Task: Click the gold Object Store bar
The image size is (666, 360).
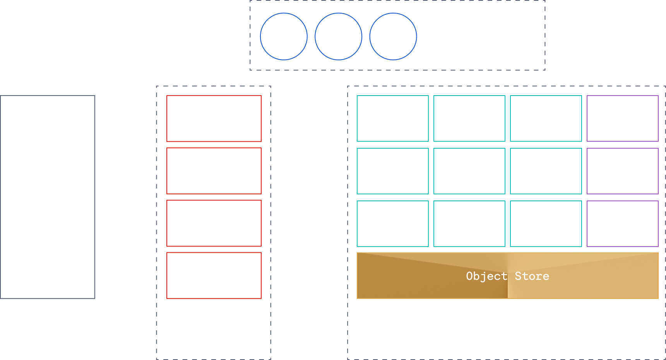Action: pos(507,276)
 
